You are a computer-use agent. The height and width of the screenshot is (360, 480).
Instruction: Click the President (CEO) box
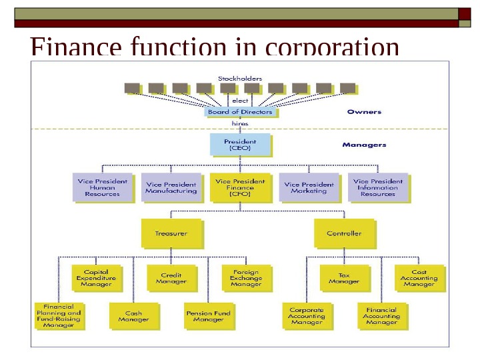pyautogui.click(x=240, y=145)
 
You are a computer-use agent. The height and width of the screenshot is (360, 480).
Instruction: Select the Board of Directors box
pyautogui.click(x=240, y=112)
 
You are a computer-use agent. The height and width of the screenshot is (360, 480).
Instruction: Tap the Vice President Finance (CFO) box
pyautogui.click(x=240, y=187)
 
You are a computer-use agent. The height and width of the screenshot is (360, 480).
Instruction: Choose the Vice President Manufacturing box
pyautogui.click(x=171, y=187)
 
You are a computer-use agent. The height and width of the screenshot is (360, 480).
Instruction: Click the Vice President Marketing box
pyautogui.click(x=309, y=187)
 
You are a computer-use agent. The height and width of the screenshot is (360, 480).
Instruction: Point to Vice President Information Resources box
pyautogui.click(x=378, y=187)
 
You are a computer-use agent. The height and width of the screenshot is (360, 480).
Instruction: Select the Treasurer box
pyautogui.click(x=171, y=234)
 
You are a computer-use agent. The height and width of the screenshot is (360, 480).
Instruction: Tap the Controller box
pyautogui.click(x=344, y=234)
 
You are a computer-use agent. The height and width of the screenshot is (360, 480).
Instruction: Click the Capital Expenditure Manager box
pyautogui.click(x=96, y=278)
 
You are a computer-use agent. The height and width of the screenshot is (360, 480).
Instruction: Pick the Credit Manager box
pyautogui.click(x=171, y=278)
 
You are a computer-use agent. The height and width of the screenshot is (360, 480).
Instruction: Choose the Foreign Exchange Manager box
pyautogui.click(x=246, y=278)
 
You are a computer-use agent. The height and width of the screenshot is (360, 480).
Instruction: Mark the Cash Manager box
pyautogui.click(x=133, y=316)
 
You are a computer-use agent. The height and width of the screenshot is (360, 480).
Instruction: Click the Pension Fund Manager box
pyautogui.click(x=209, y=316)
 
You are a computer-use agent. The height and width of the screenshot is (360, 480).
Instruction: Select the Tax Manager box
pyautogui.click(x=344, y=278)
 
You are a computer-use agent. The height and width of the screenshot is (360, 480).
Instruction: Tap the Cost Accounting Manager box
pyautogui.click(x=419, y=278)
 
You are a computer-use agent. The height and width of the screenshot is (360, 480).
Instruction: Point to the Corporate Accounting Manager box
pyautogui.click(x=307, y=316)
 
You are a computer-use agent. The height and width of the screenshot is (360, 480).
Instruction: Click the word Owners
pyautogui.click(x=364, y=112)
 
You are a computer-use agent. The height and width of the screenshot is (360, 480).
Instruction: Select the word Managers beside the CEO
pyautogui.click(x=364, y=145)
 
